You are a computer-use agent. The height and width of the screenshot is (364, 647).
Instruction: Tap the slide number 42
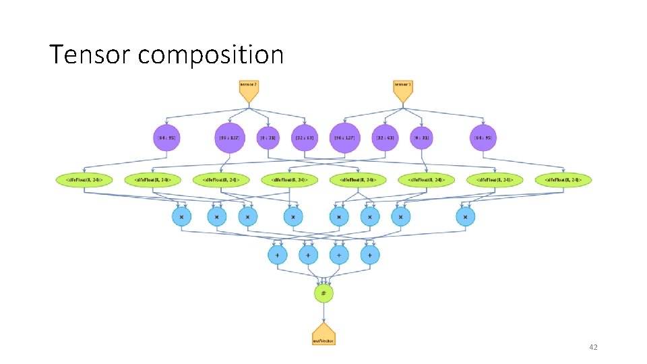593,347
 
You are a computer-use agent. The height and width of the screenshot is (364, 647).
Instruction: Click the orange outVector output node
323,334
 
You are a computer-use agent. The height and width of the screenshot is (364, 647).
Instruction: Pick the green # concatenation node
323,293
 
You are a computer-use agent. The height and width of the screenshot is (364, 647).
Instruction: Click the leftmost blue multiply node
181,216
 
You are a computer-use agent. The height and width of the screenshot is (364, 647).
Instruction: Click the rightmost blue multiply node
465,216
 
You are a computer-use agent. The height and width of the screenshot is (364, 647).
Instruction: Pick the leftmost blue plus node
277,255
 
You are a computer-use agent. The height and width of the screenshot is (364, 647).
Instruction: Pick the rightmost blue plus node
369,255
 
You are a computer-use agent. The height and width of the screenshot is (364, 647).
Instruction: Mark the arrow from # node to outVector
323,312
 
